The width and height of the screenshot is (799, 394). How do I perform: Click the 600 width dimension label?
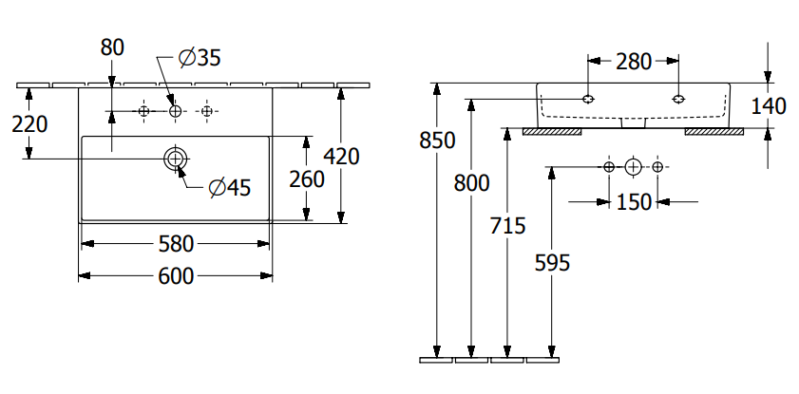pos(176,275)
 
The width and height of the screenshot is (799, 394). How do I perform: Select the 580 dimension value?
pos(176,244)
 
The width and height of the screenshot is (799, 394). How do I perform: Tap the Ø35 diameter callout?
pos(200,59)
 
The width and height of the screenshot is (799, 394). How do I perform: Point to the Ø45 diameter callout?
pos(229,188)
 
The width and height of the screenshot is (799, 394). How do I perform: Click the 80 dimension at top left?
pos(111,47)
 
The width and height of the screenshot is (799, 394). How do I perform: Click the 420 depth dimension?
pos(341,156)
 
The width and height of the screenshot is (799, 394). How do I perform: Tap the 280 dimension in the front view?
pos(633,62)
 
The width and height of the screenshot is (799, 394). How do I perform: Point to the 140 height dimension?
pos(769,105)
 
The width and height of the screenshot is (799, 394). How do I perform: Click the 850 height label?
pos(437,141)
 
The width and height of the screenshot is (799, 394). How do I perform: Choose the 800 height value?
pos(471,183)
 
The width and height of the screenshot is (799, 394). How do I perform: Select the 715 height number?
pos(507,226)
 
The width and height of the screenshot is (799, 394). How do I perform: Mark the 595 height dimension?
pos(552,263)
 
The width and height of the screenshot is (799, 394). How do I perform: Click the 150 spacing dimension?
pos(634,201)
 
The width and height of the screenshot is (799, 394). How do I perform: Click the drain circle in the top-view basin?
pos(176,158)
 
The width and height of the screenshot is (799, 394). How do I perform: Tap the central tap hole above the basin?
pos(175,112)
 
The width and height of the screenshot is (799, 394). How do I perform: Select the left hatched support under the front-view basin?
pos(552,131)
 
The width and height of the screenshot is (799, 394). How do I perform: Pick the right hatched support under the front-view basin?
pos(713,131)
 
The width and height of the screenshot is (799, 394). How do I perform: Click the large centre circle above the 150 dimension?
pos(634,167)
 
